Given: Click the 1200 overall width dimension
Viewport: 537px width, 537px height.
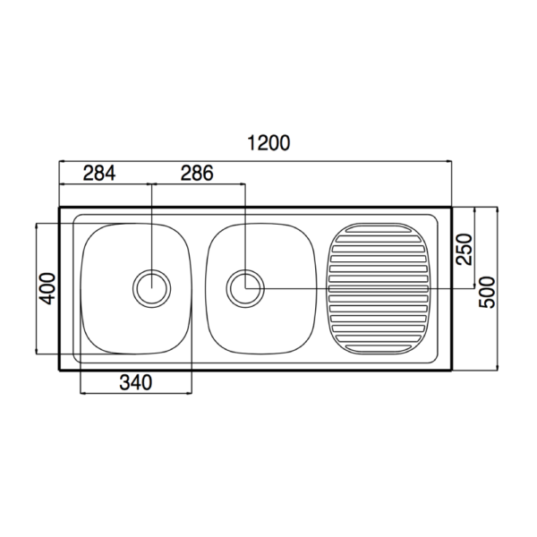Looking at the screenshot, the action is tap(268, 143).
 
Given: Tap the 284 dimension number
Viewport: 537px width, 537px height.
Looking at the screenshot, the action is tap(99, 174).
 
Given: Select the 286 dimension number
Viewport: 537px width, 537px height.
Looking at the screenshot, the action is tap(197, 174).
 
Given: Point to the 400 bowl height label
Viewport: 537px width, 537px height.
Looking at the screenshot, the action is tap(47, 288).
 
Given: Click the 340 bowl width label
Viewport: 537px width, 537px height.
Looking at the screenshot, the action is tap(136, 382).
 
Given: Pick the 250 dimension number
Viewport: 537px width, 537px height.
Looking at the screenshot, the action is tap(464, 250).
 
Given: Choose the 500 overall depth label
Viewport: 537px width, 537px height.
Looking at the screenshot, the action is tap(487, 293).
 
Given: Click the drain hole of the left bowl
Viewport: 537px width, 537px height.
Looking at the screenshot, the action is tap(152, 288).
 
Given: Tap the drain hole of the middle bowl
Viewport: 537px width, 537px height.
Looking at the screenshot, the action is tap(245, 288).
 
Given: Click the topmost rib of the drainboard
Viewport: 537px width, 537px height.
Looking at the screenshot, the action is tap(379, 229).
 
